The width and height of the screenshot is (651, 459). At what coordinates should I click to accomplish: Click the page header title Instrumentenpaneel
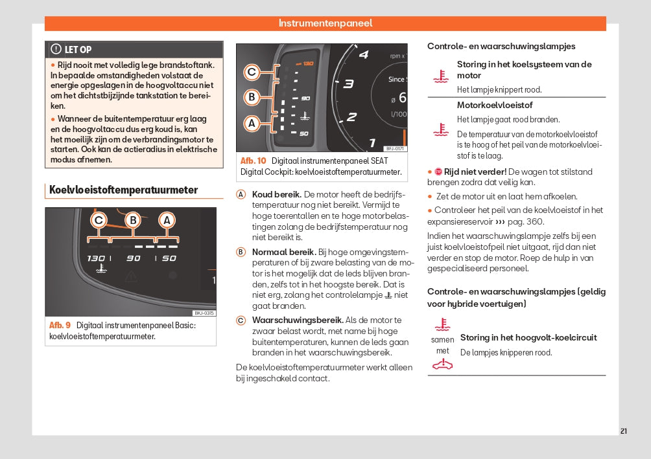325,23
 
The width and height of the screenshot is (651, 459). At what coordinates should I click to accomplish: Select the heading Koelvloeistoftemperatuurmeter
123,190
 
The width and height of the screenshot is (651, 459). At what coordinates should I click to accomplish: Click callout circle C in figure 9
99,221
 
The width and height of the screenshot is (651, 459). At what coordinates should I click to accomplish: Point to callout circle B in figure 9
133,221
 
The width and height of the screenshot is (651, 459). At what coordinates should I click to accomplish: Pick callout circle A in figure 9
167,221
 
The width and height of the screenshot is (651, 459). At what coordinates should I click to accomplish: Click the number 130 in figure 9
96,258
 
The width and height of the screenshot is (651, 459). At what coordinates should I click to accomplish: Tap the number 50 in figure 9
169,258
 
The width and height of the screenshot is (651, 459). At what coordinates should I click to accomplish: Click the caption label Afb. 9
60,325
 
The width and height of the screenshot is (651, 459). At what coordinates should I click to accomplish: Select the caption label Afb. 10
253,161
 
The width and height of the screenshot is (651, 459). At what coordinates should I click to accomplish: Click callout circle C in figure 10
252,72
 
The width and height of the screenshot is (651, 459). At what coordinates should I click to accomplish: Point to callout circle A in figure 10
252,122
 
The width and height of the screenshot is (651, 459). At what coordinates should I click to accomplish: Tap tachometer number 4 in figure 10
364,54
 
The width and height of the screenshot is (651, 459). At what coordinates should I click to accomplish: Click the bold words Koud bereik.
276,194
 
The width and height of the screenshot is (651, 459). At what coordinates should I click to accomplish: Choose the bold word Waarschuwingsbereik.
298,320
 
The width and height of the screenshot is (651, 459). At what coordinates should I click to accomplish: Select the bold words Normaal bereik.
283,252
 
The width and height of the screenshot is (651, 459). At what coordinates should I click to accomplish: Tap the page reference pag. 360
527,221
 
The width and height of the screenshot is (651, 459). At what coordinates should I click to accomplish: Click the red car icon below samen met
442,364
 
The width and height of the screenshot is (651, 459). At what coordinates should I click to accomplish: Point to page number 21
623,431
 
